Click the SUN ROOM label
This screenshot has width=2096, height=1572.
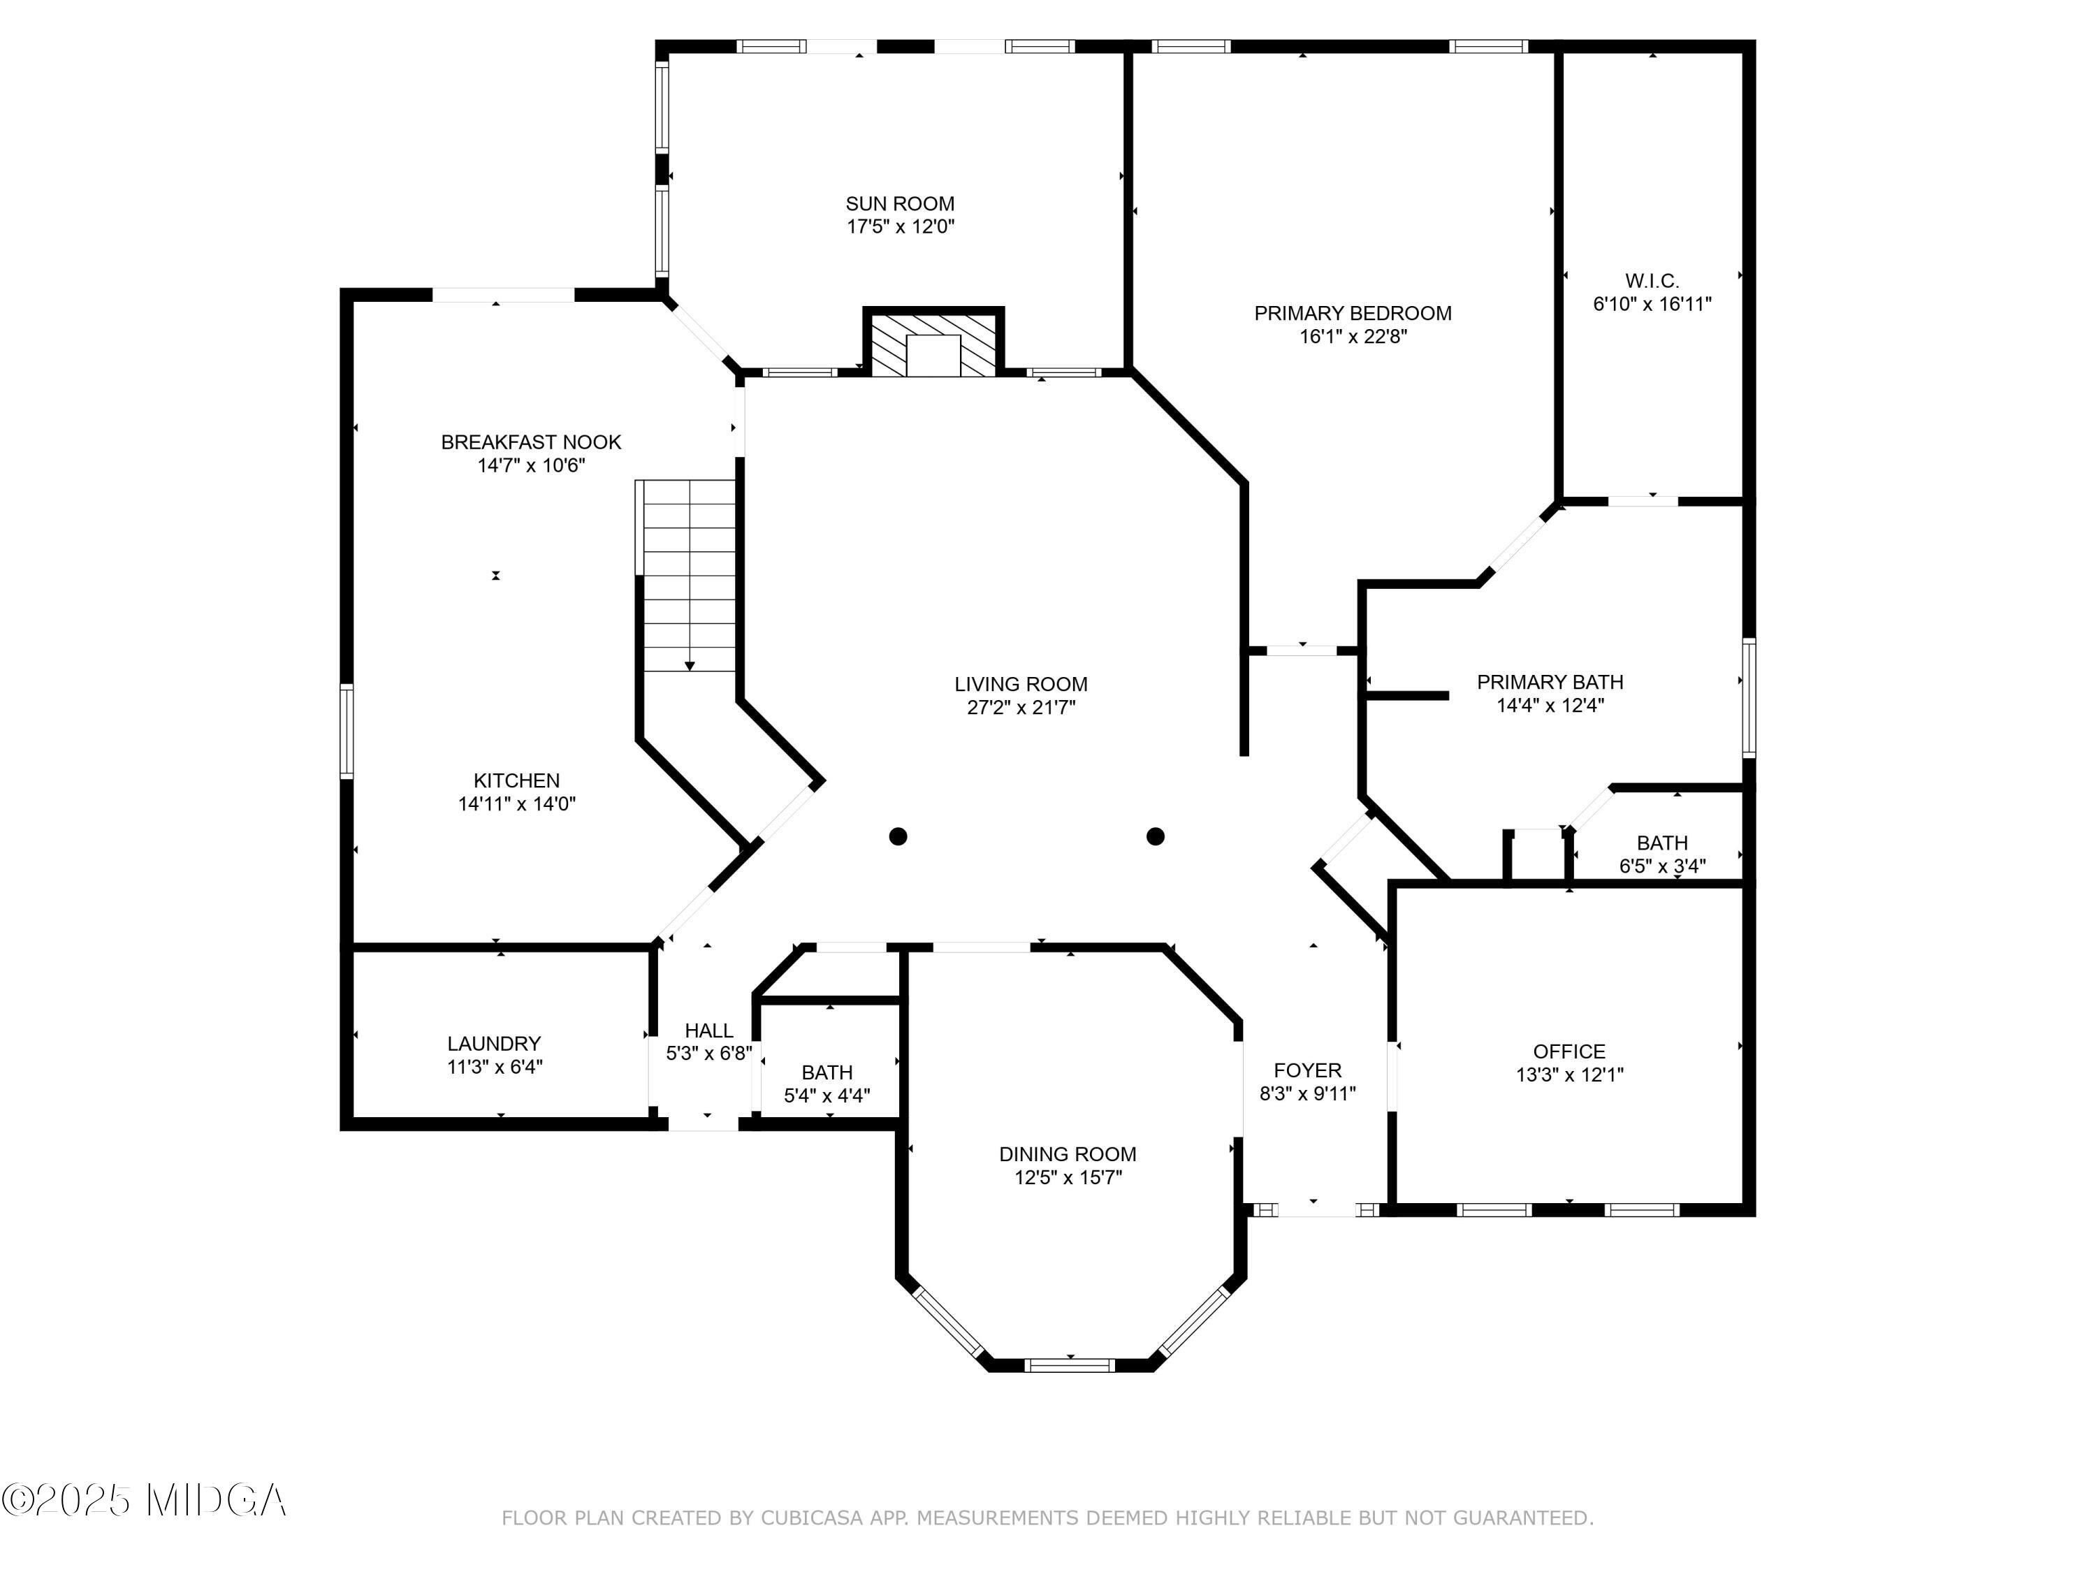[x=900, y=204]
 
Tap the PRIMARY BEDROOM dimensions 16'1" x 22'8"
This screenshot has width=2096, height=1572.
[x=1353, y=336]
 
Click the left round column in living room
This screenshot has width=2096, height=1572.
[x=898, y=836]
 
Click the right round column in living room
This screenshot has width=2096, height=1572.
[x=1155, y=836]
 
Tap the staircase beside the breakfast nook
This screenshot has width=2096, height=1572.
[x=686, y=575]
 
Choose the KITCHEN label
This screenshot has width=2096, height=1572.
[x=516, y=781]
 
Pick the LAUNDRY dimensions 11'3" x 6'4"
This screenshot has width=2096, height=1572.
[x=495, y=1067]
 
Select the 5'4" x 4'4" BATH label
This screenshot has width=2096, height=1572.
[x=827, y=1072]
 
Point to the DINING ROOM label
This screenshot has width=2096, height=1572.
[x=1068, y=1154]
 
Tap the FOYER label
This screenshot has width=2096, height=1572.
[x=1308, y=1071]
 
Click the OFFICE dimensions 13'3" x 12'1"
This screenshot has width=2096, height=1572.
[x=1569, y=1075]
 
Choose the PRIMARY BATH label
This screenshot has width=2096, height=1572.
[x=1550, y=682]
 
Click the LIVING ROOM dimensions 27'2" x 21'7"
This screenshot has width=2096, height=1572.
[x=1021, y=708]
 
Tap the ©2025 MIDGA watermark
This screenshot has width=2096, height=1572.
[x=144, y=1500]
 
